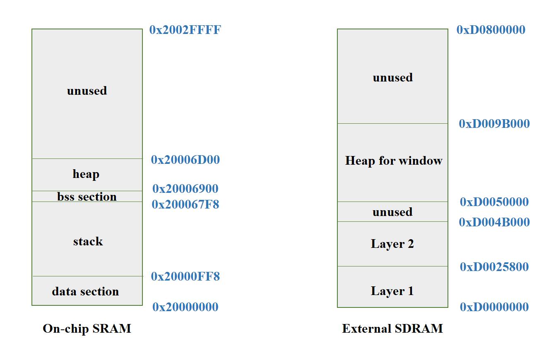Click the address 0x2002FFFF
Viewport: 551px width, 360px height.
[185, 30]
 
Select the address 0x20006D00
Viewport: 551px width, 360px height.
[185, 160]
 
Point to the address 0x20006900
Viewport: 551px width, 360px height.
[185, 189]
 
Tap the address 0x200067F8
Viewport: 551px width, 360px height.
[185, 204]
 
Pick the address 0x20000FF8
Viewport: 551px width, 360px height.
[185, 276]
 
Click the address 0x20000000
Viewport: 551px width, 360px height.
[185, 307]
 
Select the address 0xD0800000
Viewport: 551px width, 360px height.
[491, 30]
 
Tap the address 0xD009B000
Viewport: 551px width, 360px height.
[494, 124]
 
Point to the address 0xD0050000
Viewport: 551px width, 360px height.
[494, 202]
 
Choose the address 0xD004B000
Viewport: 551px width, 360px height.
[494, 222]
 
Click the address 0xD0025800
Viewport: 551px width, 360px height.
[494, 267]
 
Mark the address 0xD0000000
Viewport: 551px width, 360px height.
[494, 307]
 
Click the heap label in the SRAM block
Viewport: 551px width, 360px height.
[86, 174]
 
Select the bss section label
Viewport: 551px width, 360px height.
[87, 197]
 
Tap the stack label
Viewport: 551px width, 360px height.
[88, 241]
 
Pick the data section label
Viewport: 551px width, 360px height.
[85, 291]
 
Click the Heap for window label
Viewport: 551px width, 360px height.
[394, 161]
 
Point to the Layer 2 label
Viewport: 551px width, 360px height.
[392, 244]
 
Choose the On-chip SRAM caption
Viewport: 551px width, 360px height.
[87, 329]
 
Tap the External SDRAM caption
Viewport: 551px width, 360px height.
[392, 329]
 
